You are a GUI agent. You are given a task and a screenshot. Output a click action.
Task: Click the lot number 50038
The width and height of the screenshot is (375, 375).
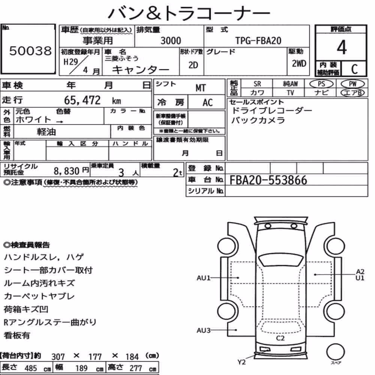coord(30,51)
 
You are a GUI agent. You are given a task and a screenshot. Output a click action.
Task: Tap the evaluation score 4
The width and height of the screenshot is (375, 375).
coord(342,47)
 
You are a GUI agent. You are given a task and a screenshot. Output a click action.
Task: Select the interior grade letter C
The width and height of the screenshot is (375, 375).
coord(354,69)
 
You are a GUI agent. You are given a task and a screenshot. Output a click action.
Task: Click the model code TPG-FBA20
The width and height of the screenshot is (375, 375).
coord(258,40)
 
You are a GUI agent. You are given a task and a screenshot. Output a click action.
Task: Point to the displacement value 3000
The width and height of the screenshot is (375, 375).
coord(171,40)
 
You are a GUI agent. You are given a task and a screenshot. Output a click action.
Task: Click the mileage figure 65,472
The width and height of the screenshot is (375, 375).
coord(82,100)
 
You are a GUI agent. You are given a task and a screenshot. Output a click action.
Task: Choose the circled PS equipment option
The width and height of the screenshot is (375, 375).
coord(321,84)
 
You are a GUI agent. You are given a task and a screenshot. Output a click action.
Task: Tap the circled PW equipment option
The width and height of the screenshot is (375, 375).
coord(352,84)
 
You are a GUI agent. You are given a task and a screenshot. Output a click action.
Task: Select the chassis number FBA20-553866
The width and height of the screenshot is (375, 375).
coord(268,180)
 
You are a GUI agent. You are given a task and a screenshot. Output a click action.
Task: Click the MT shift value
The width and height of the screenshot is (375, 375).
coord(200,88)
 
